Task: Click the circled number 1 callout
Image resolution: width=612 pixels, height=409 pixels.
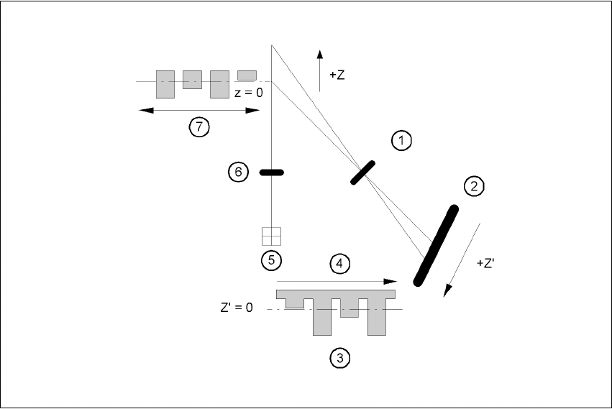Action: [x=401, y=141]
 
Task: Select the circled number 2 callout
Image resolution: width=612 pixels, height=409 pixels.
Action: [x=473, y=187]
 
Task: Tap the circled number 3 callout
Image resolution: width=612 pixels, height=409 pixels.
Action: [x=339, y=356]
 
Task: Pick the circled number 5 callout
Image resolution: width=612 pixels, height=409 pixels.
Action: [x=271, y=259]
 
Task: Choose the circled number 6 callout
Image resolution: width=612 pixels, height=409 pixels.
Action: [x=238, y=172]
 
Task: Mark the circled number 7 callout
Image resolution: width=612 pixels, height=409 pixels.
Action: [x=199, y=127]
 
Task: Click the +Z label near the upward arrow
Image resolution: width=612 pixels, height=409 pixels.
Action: [x=337, y=75]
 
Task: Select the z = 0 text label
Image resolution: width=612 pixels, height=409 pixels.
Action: [x=249, y=93]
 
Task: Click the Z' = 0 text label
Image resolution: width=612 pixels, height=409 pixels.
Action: [x=237, y=307]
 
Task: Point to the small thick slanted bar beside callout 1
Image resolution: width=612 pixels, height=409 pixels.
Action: [x=363, y=173]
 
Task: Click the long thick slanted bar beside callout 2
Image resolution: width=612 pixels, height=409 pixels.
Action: [x=436, y=244]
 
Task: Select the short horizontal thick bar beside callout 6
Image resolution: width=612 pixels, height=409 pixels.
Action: [x=271, y=173]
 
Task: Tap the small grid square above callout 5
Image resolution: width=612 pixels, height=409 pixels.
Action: [x=271, y=236]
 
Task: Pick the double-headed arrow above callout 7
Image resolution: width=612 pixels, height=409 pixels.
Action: [x=199, y=110]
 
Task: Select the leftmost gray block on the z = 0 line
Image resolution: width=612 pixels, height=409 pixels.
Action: [x=165, y=84]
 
